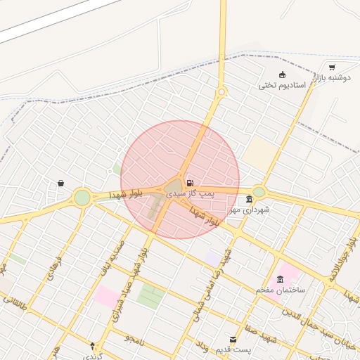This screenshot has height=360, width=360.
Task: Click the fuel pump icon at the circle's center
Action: (190, 182)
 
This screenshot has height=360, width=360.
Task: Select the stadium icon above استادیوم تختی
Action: (283, 75)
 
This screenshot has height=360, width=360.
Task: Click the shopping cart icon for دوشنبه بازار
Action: (332, 67)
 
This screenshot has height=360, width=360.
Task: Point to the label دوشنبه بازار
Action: (332, 78)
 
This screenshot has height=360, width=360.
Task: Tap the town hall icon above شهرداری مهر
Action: (250, 200)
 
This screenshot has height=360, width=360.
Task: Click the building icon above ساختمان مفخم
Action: (281, 279)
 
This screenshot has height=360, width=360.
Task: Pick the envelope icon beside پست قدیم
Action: (233, 339)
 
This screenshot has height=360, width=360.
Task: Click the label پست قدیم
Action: (233, 349)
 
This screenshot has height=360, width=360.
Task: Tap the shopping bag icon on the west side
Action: (61, 184)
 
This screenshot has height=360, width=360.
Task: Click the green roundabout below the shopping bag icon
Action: (82, 198)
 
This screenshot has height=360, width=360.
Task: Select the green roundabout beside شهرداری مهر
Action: (259, 191)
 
